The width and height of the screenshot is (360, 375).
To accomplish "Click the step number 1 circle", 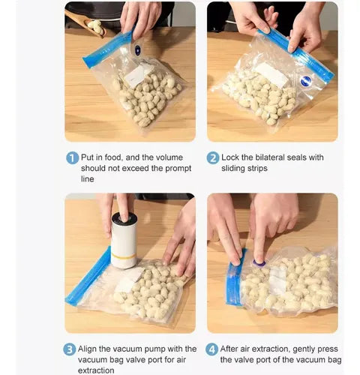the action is pyautogui.click(x=72, y=158).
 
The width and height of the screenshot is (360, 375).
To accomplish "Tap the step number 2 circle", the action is pyautogui.click(x=213, y=158).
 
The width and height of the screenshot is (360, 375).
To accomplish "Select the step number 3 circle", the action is pyautogui.click(x=69, y=349).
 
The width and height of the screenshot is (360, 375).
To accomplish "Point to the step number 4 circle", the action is pyautogui.click(x=211, y=349).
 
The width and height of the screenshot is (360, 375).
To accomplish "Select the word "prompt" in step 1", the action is pyautogui.click(x=178, y=169).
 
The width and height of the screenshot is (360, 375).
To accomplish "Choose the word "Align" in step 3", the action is pyautogui.click(x=87, y=349).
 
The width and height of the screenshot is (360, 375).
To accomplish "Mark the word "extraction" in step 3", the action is pyautogui.click(x=96, y=370).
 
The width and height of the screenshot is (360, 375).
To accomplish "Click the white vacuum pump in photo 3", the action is pyautogui.click(x=124, y=241).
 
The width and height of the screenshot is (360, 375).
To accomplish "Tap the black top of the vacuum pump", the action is pyautogui.click(x=124, y=218).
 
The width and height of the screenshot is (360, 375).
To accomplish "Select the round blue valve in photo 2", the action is pyautogui.click(x=306, y=81).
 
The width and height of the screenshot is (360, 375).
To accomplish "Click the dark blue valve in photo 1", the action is pyautogui.click(x=137, y=50).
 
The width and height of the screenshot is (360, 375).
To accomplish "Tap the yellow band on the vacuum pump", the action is pyautogui.click(x=124, y=256).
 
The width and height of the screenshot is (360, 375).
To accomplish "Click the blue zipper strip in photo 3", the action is pyautogui.click(x=88, y=277).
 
